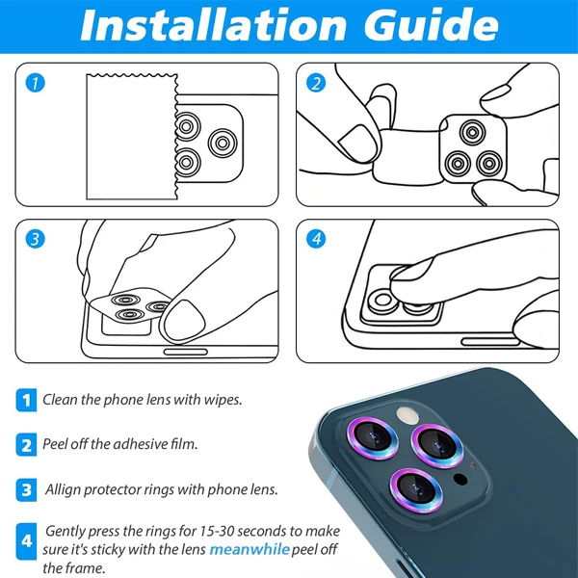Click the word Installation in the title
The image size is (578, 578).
(x=213, y=25)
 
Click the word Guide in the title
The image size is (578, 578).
(x=431, y=24)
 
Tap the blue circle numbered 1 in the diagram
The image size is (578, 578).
(x=35, y=83)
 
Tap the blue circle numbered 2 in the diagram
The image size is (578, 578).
(x=316, y=83)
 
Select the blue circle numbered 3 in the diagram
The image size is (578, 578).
(x=35, y=239)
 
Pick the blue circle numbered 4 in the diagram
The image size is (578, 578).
(x=316, y=239)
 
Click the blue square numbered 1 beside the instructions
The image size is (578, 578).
(x=26, y=400)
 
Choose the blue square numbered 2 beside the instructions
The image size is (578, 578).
(x=26, y=445)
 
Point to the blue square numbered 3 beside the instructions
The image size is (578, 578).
(x=26, y=490)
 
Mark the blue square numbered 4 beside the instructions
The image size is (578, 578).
(x=26, y=541)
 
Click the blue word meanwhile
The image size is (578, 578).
(x=250, y=549)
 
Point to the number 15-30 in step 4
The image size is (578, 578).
(x=217, y=531)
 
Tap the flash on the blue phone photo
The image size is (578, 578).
(x=407, y=415)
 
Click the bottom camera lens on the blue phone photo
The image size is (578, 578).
(x=416, y=490)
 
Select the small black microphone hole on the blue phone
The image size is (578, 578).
(x=460, y=479)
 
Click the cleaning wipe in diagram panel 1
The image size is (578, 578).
(x=132, y=137)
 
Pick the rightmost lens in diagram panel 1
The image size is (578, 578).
(x=223, y=143)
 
